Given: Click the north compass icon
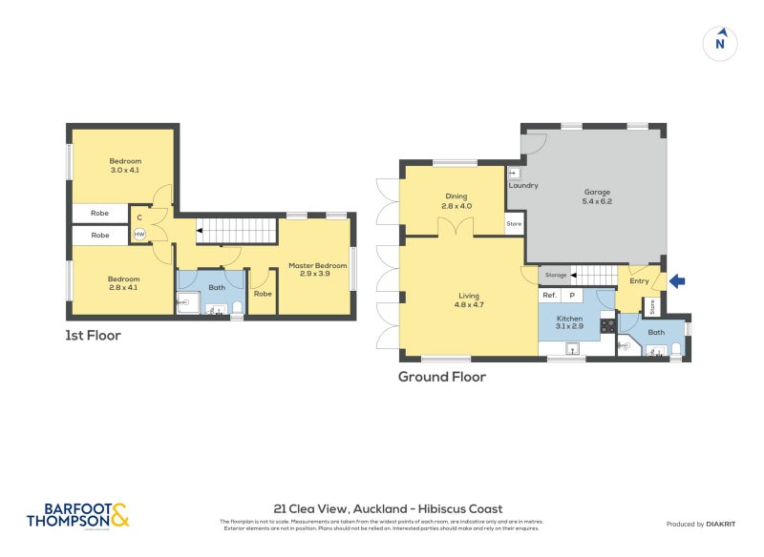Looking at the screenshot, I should click(720, 43).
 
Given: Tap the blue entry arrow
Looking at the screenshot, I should click(677, 280).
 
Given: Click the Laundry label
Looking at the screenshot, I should click(523, 185).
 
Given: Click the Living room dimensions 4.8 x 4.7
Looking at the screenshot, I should click(462, 306).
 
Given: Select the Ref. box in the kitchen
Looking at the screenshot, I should click(549, 296).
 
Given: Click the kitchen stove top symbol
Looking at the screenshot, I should click(606, 326).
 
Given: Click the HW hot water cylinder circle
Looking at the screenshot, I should click(139, 234).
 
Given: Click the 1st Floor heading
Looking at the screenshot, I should click(94, 336).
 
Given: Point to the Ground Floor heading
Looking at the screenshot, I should click(442, 377).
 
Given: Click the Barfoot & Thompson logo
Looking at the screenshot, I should click(77, 515).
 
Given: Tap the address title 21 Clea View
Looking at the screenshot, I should click(387, 508).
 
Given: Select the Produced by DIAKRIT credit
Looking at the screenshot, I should click(705, 524).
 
